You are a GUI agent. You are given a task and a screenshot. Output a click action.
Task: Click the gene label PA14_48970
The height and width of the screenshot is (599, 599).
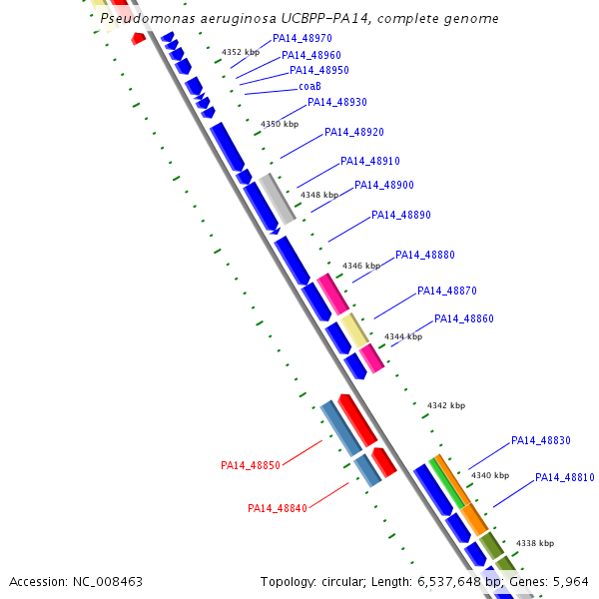[302, 39]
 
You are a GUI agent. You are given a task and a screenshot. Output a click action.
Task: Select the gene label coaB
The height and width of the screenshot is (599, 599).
[309, 87]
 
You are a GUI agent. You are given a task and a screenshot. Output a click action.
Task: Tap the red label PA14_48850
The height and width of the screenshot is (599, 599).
[251, 465]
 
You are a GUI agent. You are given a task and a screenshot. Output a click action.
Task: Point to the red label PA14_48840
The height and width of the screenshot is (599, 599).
[278, 508]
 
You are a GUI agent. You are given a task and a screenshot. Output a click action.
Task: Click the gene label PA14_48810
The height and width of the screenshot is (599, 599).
[565, 478]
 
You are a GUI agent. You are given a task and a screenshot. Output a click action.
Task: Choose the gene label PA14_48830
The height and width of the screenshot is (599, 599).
[541, 441]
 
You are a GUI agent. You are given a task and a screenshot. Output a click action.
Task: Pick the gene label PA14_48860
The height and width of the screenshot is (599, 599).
[464, 319]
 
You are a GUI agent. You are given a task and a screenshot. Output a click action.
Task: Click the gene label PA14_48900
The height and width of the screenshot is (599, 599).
[384, 186]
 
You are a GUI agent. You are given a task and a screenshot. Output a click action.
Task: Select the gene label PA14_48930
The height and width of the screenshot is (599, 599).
[337, 103]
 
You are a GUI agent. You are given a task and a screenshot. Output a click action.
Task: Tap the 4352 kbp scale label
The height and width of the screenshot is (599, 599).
[241, 52]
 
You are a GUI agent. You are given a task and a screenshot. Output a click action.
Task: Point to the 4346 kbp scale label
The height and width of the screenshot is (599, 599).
[361, 267]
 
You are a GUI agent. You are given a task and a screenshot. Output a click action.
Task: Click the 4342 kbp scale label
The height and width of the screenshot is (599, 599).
[446, 406]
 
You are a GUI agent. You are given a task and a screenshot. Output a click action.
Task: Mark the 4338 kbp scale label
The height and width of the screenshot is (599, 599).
[535, 543]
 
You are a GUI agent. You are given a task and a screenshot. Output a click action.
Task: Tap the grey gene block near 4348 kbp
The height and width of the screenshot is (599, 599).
[277, 198]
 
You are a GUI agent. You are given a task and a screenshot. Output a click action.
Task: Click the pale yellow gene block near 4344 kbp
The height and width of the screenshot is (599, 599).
[354, 330]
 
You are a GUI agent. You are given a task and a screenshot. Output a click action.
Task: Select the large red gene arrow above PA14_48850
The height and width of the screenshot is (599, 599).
[356, 420]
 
